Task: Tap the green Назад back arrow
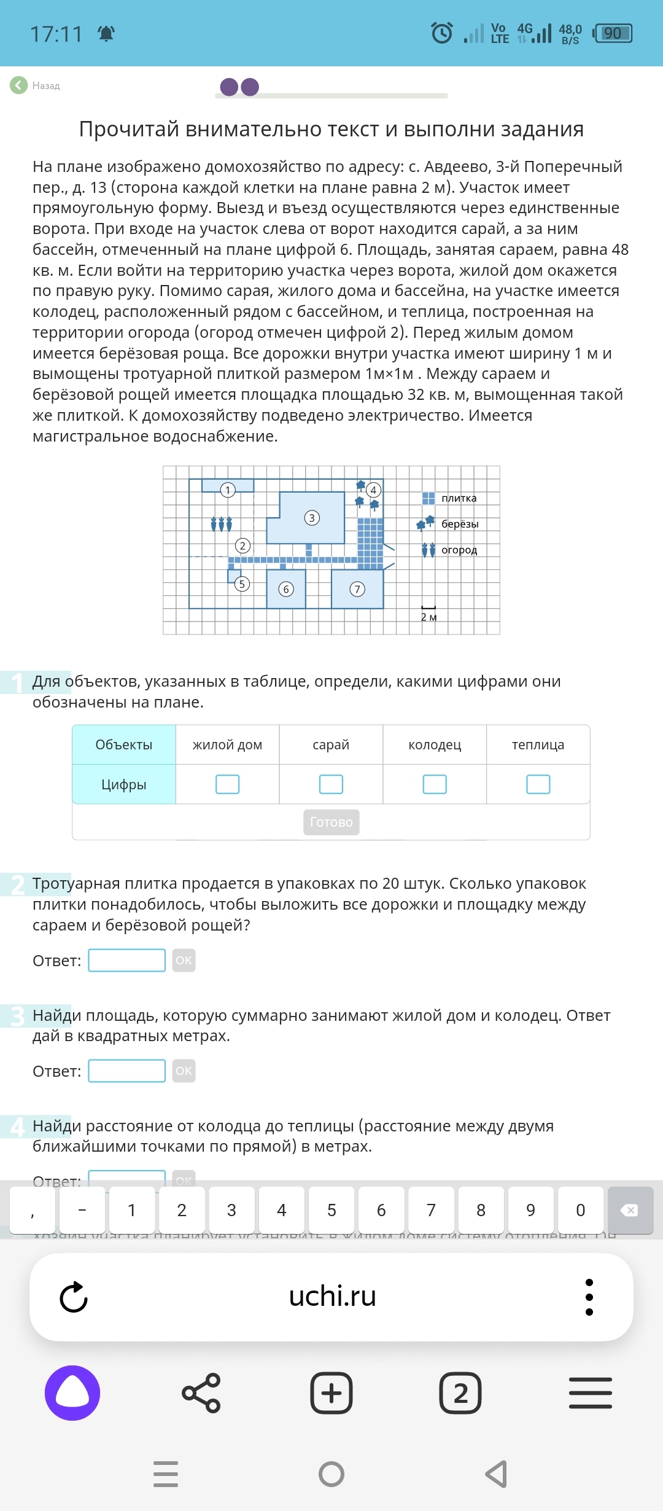click(19, 85)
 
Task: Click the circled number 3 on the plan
click(312, 518)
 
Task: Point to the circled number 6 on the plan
click(286, 590)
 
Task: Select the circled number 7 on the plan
click(357, 590)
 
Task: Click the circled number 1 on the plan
click(228, 490)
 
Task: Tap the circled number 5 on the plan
click(242, 584)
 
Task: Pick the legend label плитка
click(459, 498)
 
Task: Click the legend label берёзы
click(460, 524)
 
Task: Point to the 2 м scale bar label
click(428, 617)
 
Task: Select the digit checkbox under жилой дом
click(227, 784)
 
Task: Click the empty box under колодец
click(435, 784)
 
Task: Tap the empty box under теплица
click(538, 784)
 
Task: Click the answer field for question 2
click(127, 961)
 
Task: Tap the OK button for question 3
click(184, 1071)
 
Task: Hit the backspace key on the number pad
click(630, 1211)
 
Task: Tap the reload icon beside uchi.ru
click(74, 1297)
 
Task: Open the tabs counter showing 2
click(460, 1393)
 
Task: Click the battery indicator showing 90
click(613, 33)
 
